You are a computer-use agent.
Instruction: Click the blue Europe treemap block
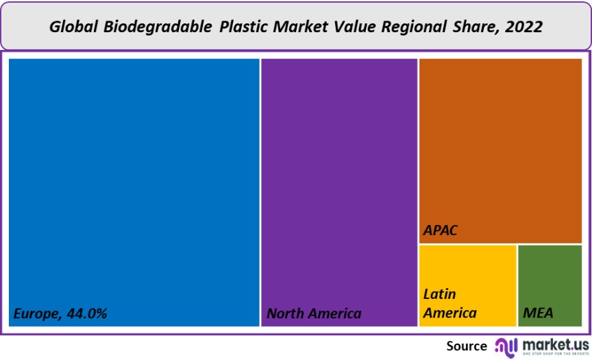pyautogui.click(x=134, y=185)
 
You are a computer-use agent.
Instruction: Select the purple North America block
pyautogui.click(x=339, y=185)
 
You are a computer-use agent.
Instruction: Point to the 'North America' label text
pyautogui.click(x=314, y=313)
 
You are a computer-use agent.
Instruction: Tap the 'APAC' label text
pyautogui.click(x=440, y=230)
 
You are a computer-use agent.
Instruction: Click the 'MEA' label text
pyautogui.click(x=538, y=313)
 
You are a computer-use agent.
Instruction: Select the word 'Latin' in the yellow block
pyautogui.click(x=440, y=294)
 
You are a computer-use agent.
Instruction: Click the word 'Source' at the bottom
pyautogui.click(x=467, y=346)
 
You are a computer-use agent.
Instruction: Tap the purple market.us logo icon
pyautogui.click(x=506, y=346)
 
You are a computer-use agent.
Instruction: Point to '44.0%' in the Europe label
pyautogui.click(x=86, y=313)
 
